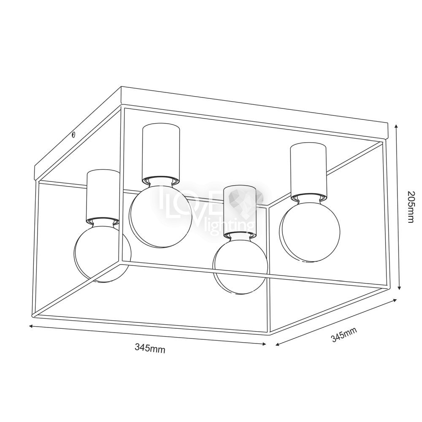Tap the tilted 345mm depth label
(344, 335)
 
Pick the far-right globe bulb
(309, 231)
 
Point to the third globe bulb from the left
(241, 265)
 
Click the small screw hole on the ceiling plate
(73, 135)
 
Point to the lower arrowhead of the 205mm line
(400, 287)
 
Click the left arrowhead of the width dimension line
(32, 326)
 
